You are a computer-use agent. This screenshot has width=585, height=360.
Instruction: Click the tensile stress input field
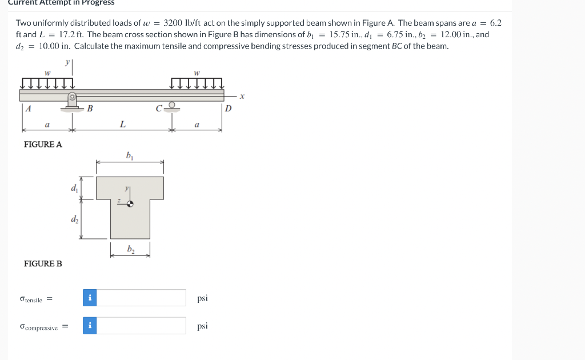click(x=142, y=298)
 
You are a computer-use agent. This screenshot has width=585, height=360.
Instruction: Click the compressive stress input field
click(x=142, y=326)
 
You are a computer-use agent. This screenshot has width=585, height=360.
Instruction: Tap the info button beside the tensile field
click(x=90, y=298)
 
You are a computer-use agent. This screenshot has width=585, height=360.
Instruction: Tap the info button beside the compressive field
click(x=90, y=326)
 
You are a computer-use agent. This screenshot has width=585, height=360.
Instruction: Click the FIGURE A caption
click(x=43, y=145)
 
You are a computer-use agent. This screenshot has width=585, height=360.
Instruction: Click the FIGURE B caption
click(x=43, y=263)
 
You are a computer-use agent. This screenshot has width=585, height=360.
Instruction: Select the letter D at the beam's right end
click(x=229, y=109)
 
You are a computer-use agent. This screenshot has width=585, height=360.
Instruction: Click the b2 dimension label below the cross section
click(x=130, y=249)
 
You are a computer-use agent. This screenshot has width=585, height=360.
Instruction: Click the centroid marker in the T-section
click(x=130, y=202)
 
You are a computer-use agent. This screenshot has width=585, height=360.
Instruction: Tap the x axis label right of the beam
click(x=242, y=97)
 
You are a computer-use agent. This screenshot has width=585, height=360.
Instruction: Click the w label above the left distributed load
click(x=47, y=73)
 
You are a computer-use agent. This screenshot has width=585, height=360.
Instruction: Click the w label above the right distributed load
click(x=196, y=73)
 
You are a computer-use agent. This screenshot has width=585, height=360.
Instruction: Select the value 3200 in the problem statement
click(x=172, y=23)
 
